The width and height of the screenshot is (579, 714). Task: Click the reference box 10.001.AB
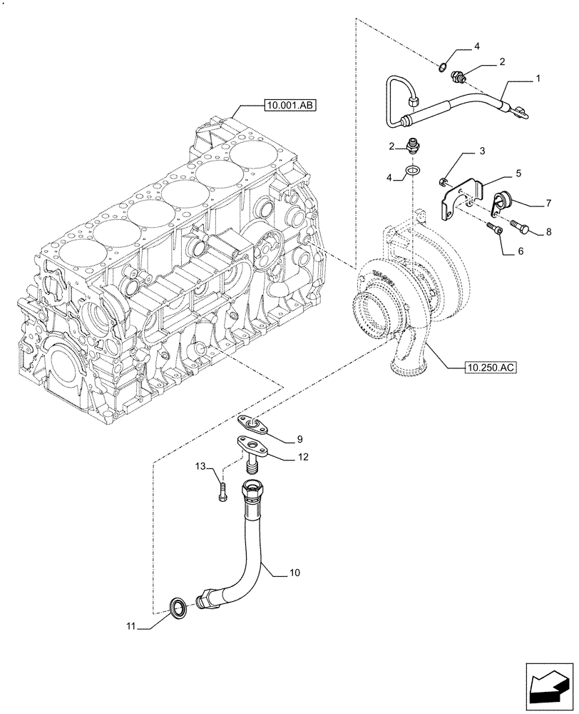[289, 106]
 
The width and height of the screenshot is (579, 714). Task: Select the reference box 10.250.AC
[488, 368]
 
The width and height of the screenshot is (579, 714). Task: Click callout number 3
[482, 152]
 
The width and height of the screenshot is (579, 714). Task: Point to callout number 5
[518, 173]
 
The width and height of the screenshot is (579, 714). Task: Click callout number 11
[129, 628]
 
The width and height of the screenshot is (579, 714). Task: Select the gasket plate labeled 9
[254, 426]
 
